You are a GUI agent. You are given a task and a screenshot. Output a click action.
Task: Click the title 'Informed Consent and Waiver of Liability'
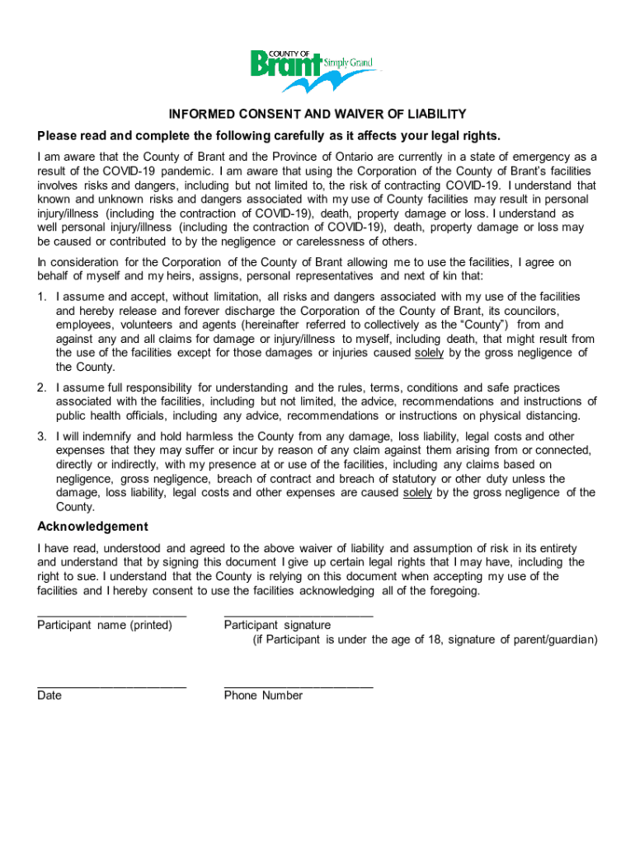click(317, 114)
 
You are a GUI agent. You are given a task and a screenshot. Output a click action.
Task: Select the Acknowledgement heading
click(92, 527)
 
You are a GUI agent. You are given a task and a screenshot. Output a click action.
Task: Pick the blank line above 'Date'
click(111, 686)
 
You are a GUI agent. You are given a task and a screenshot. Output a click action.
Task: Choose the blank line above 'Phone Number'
click(298, 686)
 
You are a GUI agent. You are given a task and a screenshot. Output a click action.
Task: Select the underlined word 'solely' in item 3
click(417, 493)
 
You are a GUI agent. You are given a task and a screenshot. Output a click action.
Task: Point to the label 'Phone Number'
click(263, 696)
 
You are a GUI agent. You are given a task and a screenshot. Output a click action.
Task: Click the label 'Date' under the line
click(49, 696)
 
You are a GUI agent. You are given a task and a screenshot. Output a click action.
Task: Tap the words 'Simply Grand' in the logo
click(347, 63)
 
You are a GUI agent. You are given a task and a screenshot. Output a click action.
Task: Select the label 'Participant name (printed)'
click(105, 626)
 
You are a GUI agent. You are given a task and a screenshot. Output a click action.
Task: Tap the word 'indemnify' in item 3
click(104, 436)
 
